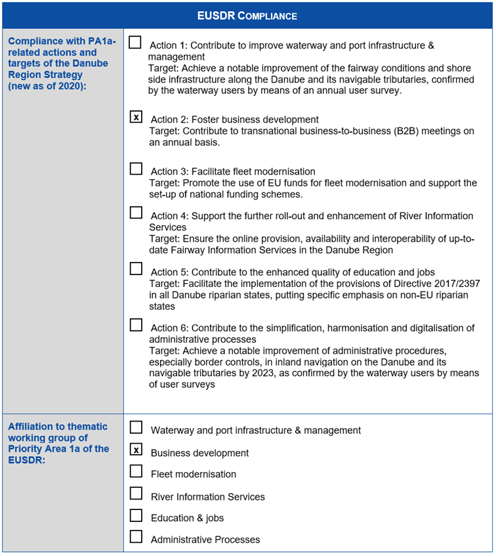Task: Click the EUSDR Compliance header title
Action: (247, 16)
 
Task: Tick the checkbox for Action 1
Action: (135, 43)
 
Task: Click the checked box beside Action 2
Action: (136, 118)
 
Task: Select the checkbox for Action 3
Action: (136, 169)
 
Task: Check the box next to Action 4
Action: (136, 213)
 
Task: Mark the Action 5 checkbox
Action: (136, 268)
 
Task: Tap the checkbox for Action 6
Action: (136, 324)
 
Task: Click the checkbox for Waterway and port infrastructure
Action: (136, 427)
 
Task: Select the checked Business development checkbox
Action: (136, 450)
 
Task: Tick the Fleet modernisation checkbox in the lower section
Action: (136, 471)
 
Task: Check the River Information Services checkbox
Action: (136, 494)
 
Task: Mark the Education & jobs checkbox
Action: (136, 515)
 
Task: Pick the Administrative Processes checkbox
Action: (136, 536)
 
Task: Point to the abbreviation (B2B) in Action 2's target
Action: (411, 131)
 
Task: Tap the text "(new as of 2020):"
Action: (46, 86)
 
